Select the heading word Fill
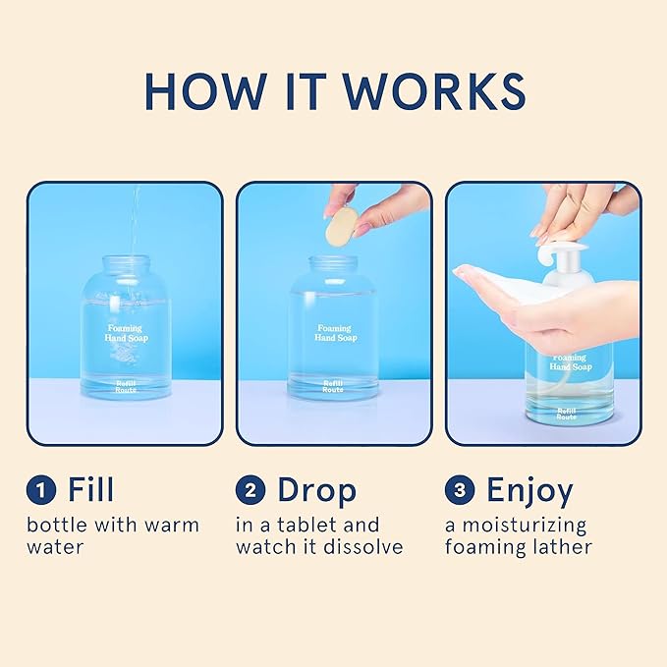pyautogui.click(x=90, y=490)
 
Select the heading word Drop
pyautogui.click(x=316, y=490)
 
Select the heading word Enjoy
pyautogui.click(x=529, y=490)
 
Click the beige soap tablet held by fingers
pyautogui.click(x=340, y=226)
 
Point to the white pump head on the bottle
pyautogui.click(x=550, y=257)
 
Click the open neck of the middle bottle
pyautogui.click(x=333, y=263)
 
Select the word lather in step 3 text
pyautogui.click(x=561, y=547)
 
